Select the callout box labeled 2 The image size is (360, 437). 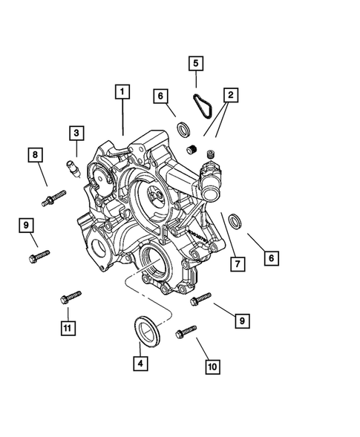pos(231,95)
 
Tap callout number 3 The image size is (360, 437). pos(76,134)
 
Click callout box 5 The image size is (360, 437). pos(195,64)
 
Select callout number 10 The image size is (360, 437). pos(212,366)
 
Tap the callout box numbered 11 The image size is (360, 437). pos(68,326)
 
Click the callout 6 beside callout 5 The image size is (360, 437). pos(160,96)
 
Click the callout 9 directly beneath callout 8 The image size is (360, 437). pos(25,225)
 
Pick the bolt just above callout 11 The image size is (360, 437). pos(70,298)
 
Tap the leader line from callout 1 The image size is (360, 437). pos(123,119)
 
